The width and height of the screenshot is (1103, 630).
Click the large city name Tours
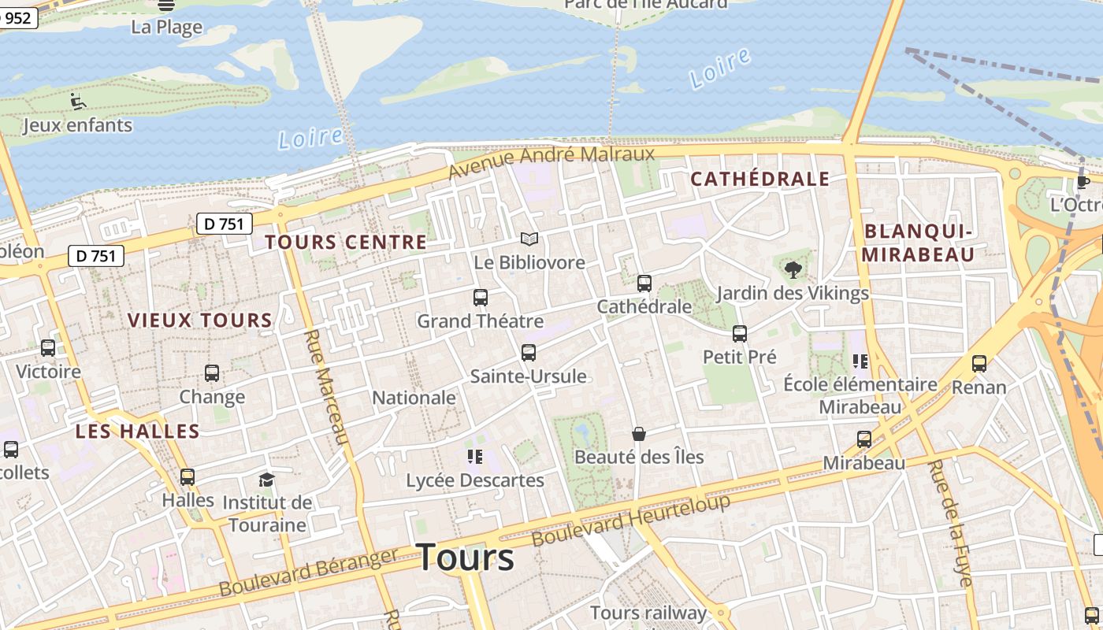[465, 558]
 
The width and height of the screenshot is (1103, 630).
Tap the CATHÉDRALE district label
[759, 180]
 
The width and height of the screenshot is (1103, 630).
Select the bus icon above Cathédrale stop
[644, 283]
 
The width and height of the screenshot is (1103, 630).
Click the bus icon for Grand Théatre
[481, 298]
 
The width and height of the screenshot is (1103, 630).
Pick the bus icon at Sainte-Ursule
[529, 353]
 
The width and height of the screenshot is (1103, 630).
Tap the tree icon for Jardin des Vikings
[793, 270]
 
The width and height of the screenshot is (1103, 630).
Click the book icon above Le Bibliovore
[529, 239]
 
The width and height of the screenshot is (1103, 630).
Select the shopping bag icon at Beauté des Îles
[639, 434]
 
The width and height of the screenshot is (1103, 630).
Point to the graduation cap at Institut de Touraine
[267, 480]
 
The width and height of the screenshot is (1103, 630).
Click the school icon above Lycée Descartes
[474, 457]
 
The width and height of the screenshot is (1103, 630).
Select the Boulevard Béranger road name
[309, 573]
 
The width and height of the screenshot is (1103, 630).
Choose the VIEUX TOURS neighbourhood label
[200, 321]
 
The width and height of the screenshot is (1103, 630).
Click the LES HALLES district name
[138, 432]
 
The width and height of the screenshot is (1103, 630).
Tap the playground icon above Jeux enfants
[77, 102]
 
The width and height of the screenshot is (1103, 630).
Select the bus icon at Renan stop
[979, 364]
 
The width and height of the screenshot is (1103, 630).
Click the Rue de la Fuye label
[950, 523]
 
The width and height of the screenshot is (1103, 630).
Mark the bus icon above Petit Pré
[740, 334]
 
